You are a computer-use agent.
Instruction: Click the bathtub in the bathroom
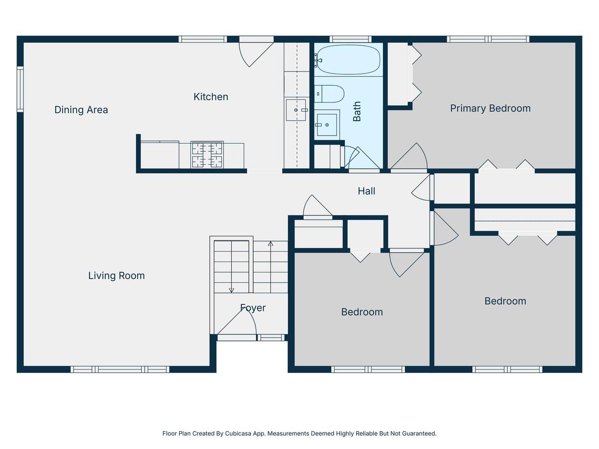[x=349, y=60]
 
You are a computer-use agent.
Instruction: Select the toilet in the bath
[x=329, y=94]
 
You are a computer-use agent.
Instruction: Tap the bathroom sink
[x=327, y=125]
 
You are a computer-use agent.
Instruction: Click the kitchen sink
[x=296, y=110]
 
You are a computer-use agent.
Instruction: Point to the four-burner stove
[x=207, y=154]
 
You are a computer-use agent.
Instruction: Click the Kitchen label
[x=211, y=97]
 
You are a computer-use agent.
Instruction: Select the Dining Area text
[x=81, y=109]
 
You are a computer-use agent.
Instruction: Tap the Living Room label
[x=117, y=275]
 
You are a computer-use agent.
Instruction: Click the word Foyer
[x=253, y=308]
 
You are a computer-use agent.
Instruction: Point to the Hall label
[x=366, y=191]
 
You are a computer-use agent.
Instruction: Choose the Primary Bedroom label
[x=490, y=108]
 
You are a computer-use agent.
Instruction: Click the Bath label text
[x=357, y=111]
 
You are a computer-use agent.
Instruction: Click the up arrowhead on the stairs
[x=270, y=244]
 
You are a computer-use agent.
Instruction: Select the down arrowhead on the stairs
[x=232, y=290]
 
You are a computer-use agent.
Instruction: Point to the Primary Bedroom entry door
[x=409, y=157]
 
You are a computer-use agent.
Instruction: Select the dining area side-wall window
[x=20, y=89]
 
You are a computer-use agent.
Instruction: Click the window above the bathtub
[x=351, y=39]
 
